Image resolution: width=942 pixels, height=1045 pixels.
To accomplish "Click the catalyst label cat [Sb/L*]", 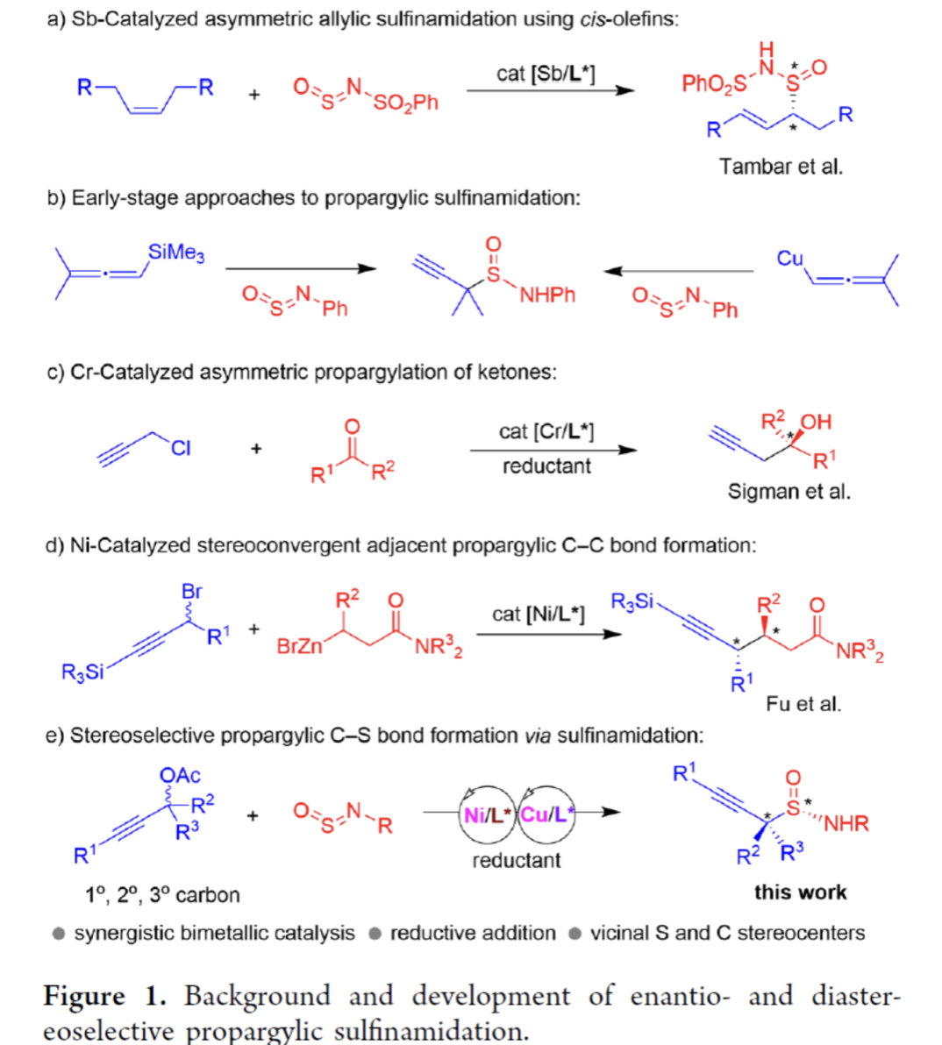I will (x=546, y=74).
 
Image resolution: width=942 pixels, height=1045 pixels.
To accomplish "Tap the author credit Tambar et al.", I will (x=780, y=167).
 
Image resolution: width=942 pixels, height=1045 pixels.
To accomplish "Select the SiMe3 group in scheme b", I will (x=176, y=252).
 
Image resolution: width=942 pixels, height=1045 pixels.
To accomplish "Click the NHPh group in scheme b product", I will (x=547, y=295).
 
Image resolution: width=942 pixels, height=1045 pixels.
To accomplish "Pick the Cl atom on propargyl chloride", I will (x=181, y=448).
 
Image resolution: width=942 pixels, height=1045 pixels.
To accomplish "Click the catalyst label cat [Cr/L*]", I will (x=546, y=431).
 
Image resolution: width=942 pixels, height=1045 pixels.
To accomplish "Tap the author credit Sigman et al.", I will (x=789, y=492).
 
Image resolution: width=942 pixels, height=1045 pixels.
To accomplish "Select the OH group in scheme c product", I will (x=816, y=422).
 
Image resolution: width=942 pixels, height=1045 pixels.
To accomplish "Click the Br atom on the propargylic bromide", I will (x=192, y=592).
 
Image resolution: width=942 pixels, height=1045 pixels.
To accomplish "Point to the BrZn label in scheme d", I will (x=299, y=646).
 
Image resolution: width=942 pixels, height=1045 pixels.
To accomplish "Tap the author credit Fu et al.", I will (x=803, y=703).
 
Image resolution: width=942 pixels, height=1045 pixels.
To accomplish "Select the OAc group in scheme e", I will (x=180, y=775).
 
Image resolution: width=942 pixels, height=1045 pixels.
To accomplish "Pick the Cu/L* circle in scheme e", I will (x=546, y=814).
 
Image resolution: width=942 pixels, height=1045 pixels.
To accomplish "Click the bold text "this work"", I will (x=800, y=892).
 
